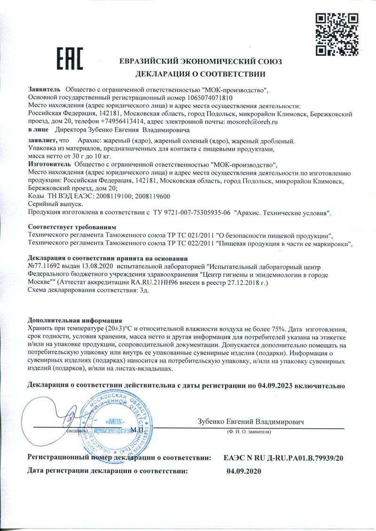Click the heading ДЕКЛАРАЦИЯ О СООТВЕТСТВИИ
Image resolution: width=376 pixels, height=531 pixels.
pyautogui.click(x=201, y=74)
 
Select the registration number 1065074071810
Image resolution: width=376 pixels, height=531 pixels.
pyautogui.click(x=207, y=98)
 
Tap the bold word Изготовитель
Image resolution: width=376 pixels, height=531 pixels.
pyautogui.click(x=49, y=165)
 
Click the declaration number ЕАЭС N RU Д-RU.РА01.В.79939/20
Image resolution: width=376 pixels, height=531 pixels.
pyautogui.click(x=284, y=457)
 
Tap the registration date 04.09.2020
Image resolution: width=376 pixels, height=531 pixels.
pyautogui.click(x=244, y=470)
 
